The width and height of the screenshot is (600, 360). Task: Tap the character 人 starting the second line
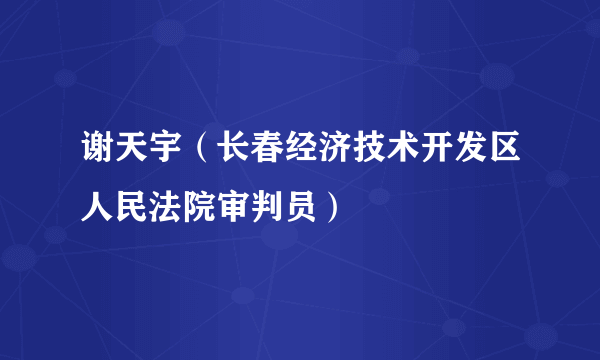coord(97,209)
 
